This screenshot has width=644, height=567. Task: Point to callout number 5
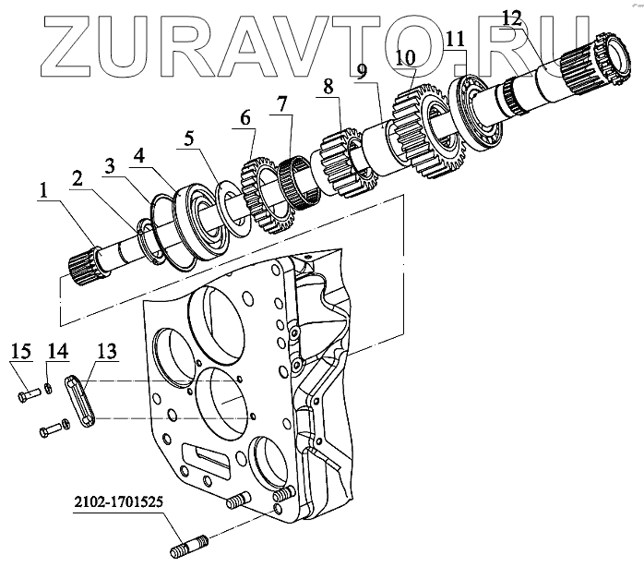(x=188, y=139)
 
